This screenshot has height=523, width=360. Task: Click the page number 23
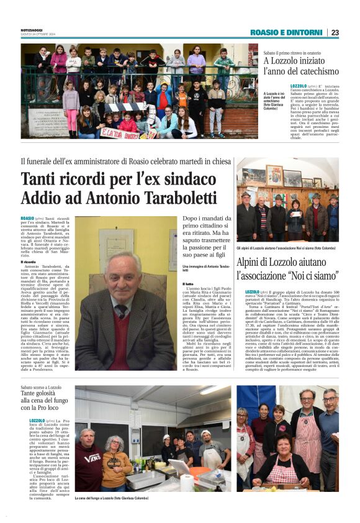[x=335, y=32]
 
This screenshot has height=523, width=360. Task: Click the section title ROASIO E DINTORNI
[x=286, y=32]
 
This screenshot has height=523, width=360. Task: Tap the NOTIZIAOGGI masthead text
[x=34, y=30]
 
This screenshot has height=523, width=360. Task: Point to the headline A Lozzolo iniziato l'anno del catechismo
[x=300, y=66]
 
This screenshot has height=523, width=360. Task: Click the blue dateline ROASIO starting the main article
[x=27, y=219]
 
